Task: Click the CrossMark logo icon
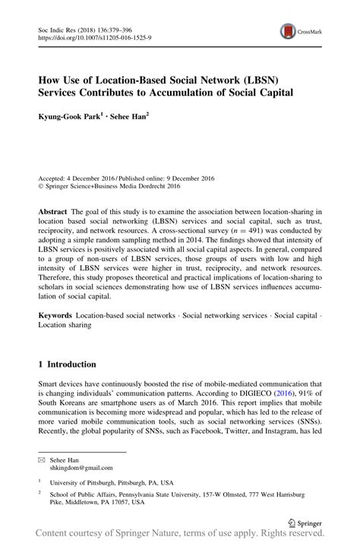click(x=289, y=31)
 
